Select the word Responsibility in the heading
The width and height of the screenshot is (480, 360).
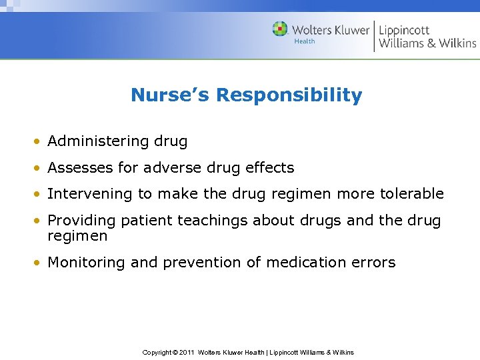pyautogui.click(x=289, y=95)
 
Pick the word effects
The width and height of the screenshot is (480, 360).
pyautogui.click(x=269, y=167)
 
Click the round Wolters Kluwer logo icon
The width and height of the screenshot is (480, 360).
pyautogui.click(x=280, y=29)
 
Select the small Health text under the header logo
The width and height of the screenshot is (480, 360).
pyautogui.click(x=305, y=41)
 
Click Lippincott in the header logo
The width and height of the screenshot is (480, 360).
pyautogui.click(x=404, y=29)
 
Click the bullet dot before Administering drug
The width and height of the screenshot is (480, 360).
pyautogui.click(x=40, y=142)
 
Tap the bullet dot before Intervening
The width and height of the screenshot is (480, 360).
pyautogui.click(x=40, y=195)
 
